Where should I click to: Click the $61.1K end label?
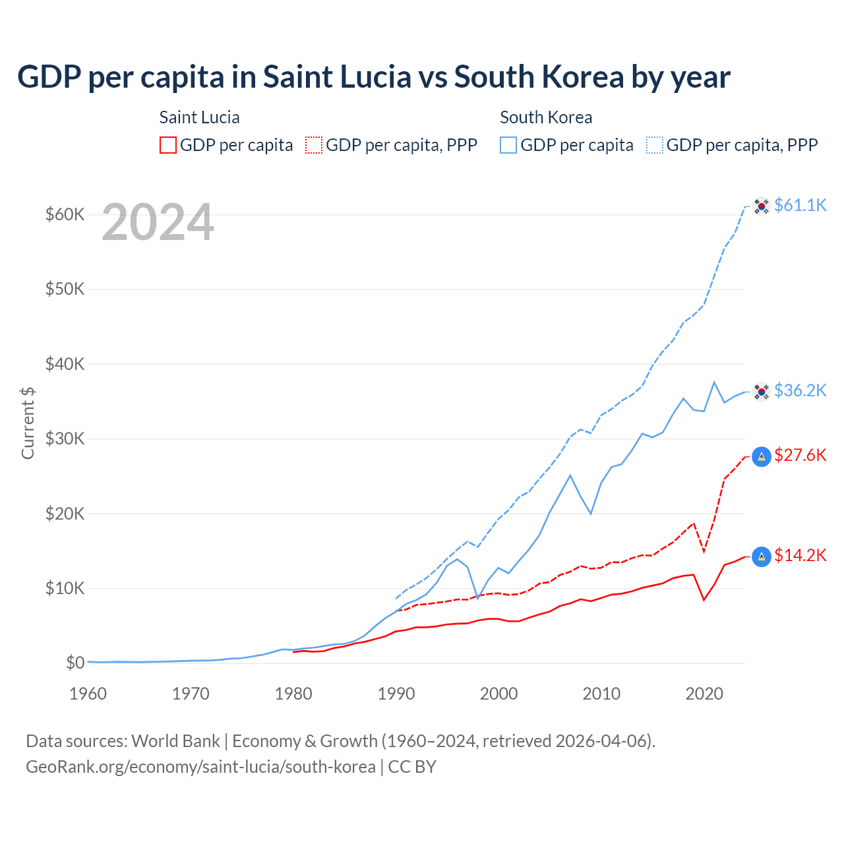click(x=800, y=205)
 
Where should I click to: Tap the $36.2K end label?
click(x=800, y=390)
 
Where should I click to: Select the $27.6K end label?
click(x=800, y=455)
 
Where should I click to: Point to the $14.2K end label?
click(x=800, y=555)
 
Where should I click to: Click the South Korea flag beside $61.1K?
click(x=762, y=206)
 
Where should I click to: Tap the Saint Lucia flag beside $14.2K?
click(x=762, y=557)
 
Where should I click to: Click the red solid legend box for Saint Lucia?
click(x=168, y=145)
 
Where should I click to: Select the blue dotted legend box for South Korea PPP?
click(x=655, y=145)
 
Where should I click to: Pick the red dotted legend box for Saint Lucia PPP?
click(x=314, y=145)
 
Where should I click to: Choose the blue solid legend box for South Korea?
click(x=508, y=145)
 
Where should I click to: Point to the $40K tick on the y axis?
click(x=65, y=364)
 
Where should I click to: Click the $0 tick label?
click(x=75, y=663)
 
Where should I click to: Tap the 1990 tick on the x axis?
click(x=396, y=694)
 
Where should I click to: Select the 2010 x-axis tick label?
click(x=602, y=694)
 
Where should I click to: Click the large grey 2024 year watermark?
click(x=158, y=222)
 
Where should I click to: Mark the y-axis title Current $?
click(x=28, y=423)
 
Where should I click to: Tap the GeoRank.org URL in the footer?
click(x=200, y=767)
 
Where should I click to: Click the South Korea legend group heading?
click(x=546, y=117)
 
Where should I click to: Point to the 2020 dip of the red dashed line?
click(x=704, y=551)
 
